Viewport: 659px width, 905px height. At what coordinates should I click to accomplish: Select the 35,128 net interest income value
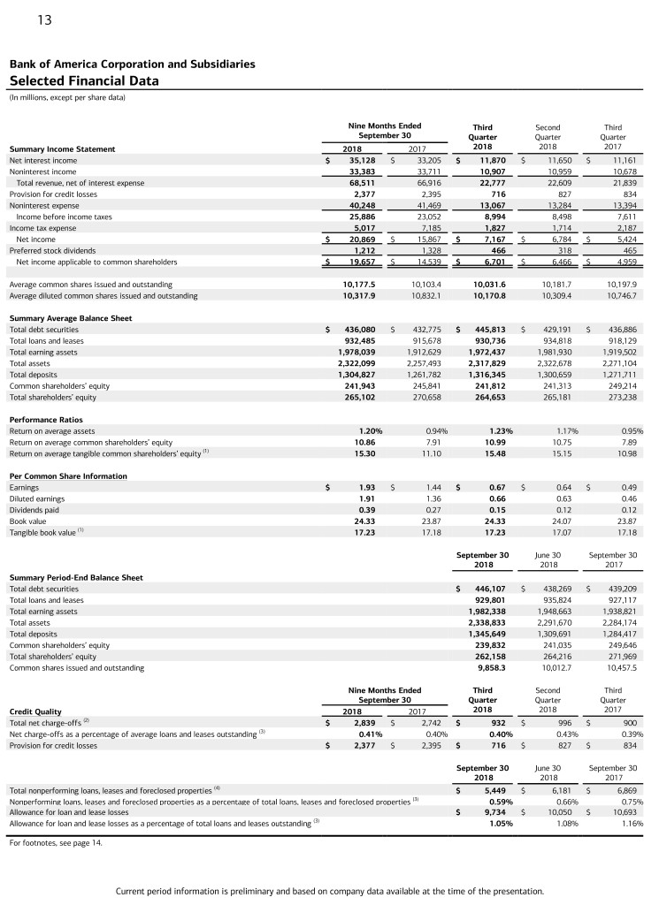362,161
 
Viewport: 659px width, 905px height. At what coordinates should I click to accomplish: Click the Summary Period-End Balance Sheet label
75,577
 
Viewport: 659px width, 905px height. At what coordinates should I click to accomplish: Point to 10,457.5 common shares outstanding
618,669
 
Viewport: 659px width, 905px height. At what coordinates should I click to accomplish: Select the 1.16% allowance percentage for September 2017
630,823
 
